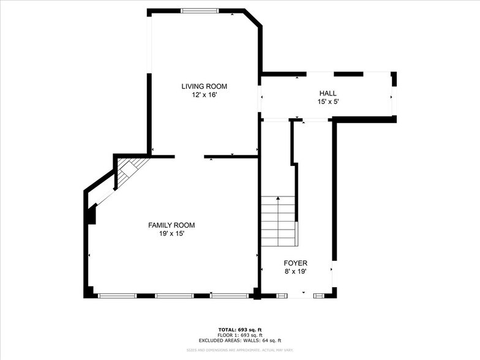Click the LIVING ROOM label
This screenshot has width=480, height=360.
click(204, 86)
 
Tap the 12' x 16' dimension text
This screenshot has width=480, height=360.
click(204, 95)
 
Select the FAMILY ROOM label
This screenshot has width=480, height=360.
click(171, 225)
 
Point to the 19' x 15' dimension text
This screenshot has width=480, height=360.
click(171, 234)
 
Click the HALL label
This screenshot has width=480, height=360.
click(328, 93)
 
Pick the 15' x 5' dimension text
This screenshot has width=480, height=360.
click(328, 102)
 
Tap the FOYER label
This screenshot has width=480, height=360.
click(295, 263)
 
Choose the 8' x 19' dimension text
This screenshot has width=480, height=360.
click(295, 272)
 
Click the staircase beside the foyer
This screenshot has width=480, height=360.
click(279, 220)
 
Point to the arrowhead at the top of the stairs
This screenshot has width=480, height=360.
click(279, 198)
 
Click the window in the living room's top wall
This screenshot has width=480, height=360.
click(200, 10)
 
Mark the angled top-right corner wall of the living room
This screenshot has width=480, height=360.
click(253, 18)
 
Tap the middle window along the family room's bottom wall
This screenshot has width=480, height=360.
click(174, 296)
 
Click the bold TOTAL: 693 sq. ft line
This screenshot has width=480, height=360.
click(239, 329)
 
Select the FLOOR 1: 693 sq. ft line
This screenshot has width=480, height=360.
click(239, 335)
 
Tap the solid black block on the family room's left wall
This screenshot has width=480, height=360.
click(91, 216)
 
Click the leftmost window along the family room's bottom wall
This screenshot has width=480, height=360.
click(118, 296)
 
